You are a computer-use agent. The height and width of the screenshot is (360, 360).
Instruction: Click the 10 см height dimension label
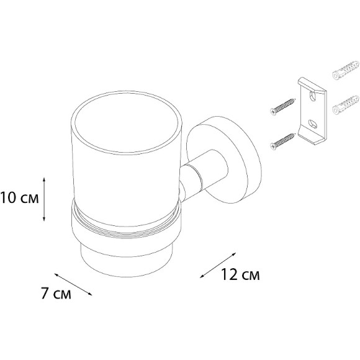(19, 197)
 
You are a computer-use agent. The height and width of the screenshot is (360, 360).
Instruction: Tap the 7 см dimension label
(56, 293)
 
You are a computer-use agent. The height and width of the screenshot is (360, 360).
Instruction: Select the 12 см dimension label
(240, 274)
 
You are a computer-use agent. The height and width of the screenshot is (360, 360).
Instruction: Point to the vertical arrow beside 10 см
(44, 199)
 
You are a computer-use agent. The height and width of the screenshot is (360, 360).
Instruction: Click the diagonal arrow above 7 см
(73, 284)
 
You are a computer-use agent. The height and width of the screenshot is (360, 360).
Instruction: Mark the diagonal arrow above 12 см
(218, 265)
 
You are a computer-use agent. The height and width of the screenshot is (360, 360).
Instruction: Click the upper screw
(282, 107)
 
